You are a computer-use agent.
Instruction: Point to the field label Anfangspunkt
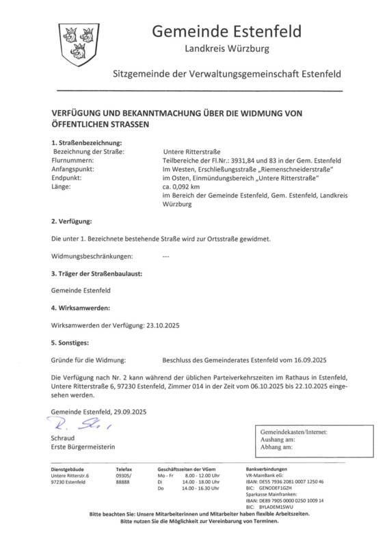pyautogui.click(x=72, y=168)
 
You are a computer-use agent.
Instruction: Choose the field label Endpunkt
pyautogui.click(x=67, y=177)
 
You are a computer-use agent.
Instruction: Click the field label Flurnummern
pyautogui.click(x=72, y=159)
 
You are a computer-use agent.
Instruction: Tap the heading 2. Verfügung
pyautogui.click(x=72, y=222)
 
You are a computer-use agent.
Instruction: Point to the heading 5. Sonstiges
pyautogui.click(x=71, y=343)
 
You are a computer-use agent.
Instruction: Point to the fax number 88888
pyautogui.click(x=124, y=482)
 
